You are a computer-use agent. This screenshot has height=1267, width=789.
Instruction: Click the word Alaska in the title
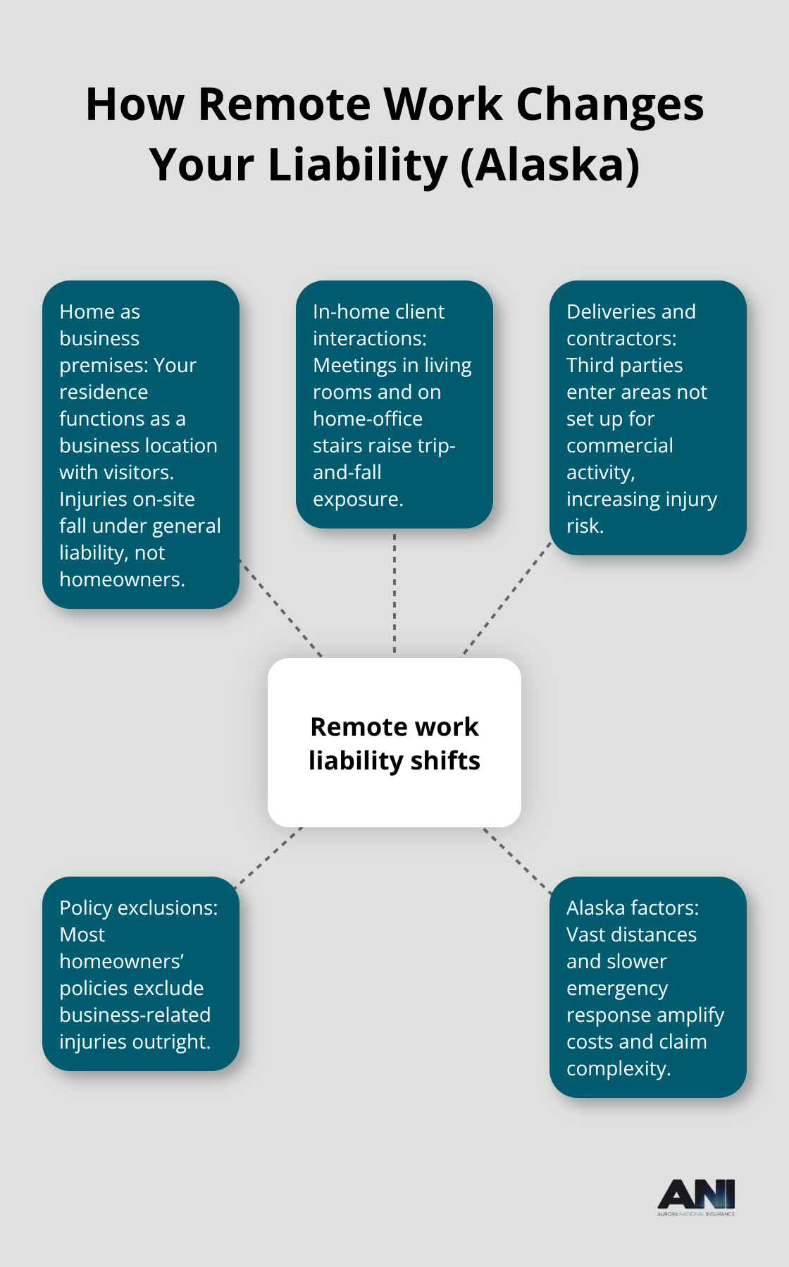tap(549, 165)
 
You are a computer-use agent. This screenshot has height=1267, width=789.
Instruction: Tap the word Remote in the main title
tap(284, 104)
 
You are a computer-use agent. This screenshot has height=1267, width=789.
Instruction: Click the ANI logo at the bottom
tap(696, 1197)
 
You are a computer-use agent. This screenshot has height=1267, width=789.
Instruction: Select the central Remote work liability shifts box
tap(394, 743)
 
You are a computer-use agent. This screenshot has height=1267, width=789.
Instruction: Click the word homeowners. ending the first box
tap(122, 579)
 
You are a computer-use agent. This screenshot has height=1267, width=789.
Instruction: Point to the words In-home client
tap(378, 311)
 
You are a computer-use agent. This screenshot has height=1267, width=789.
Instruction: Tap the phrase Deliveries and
tap(630, 311)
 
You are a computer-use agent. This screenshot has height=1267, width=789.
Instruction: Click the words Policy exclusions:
tap(139, 908)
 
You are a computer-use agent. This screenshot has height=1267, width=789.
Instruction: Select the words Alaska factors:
tap(633, 908)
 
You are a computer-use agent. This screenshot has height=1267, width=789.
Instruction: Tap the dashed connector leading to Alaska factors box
tap(517, 860)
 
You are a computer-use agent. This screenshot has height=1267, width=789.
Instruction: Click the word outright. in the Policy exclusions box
tap(170, 1042)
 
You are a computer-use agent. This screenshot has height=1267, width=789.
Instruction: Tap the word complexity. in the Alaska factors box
tap(619, 1068)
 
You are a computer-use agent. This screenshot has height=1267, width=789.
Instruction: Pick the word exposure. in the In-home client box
tap(358, 499)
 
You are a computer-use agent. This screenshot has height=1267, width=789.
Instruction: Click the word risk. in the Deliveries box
tap(585, 526)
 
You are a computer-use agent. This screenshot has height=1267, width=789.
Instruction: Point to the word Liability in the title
tap(357, 165)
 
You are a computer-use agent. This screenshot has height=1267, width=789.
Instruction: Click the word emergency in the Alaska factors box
tap(617, 988)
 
